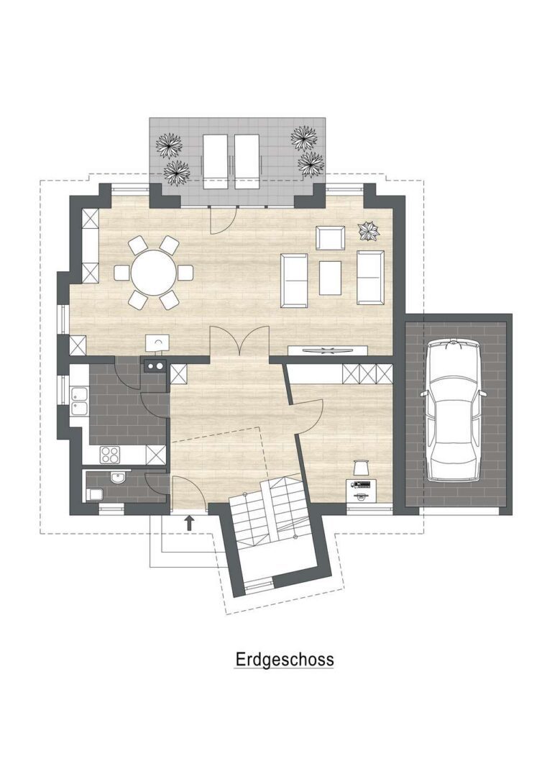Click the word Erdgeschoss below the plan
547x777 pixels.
coord(284,660)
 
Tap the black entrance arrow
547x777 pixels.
coord(189,523)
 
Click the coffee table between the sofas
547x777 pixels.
coord(331,278)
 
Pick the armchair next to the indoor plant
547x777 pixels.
coord(331,238)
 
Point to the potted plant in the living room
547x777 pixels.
coord(369,230)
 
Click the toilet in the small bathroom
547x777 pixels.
coord(94,494)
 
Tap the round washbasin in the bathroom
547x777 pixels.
coord(118,478)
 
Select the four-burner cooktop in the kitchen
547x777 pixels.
coord(110,455)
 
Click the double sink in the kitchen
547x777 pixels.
coord(79,401)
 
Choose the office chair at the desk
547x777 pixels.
coord(361,468)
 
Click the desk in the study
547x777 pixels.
coord(362,491)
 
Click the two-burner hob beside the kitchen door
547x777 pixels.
coord(155,366)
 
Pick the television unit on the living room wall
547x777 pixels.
coord(328,350)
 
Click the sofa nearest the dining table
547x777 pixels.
coord(294,281)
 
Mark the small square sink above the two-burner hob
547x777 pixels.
coord(157,342)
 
